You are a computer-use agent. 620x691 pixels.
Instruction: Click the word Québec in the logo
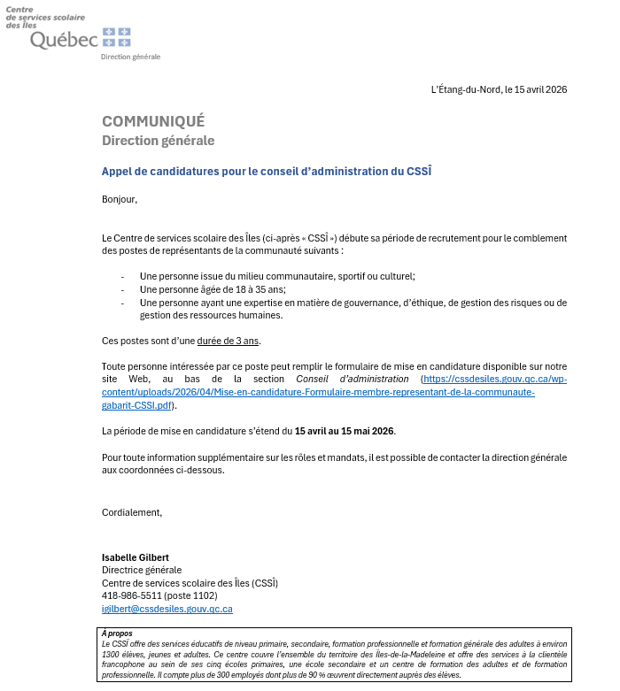pos(64,40)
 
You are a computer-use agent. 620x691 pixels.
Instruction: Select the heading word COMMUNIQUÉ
pos(153,121)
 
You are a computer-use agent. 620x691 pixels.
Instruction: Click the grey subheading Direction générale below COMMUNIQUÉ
pos(158,141)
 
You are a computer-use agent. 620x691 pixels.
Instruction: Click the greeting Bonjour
pos(120,199)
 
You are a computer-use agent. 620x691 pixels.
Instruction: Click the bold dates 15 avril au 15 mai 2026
pos(345,431)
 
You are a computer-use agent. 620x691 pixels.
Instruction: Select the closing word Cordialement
pos(132,511)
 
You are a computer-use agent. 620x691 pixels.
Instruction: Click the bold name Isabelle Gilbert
pos(136,557)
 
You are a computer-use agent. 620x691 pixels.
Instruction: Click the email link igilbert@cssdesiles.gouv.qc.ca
pos(167,609)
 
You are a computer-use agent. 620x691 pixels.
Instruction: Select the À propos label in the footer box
pos(117,633)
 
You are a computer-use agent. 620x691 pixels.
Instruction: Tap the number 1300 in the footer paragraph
pos(111,654)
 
